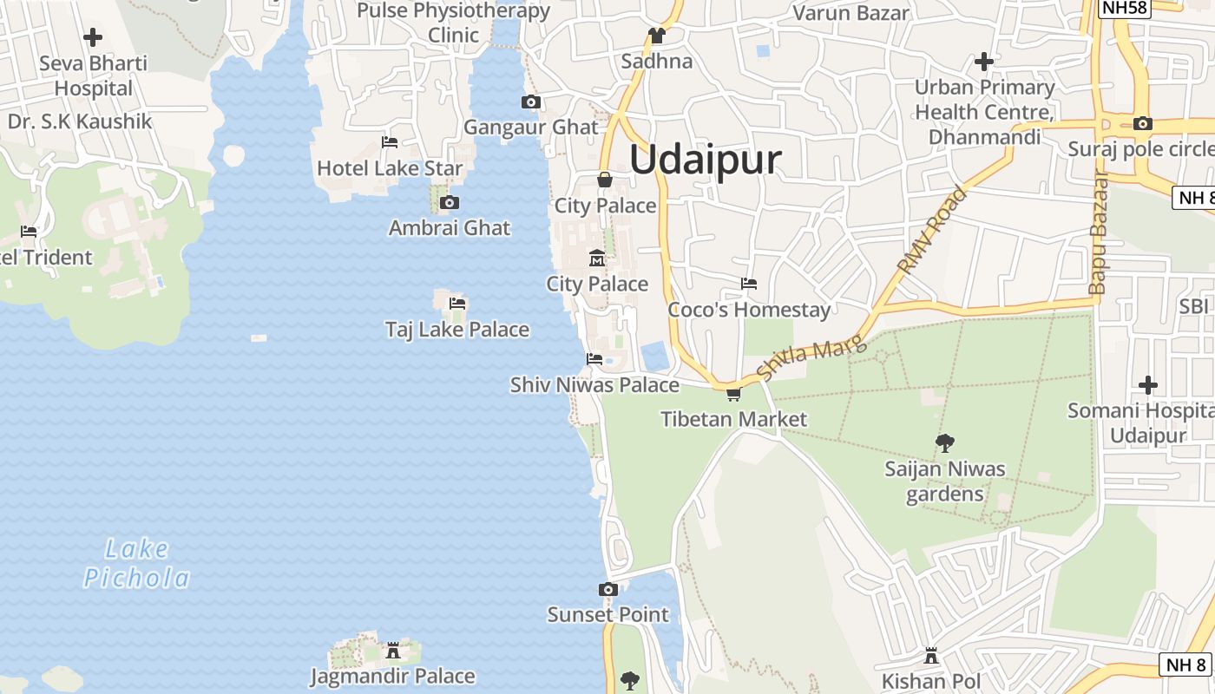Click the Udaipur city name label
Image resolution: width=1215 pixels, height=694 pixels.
coord(705,160)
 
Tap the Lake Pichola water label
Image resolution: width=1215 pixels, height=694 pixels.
coord(137,563)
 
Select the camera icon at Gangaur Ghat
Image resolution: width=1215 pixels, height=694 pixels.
coord(531,102)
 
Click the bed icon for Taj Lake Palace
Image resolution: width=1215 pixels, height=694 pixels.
coord(457,304)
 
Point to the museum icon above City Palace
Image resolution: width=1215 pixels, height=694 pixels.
coord(597,259)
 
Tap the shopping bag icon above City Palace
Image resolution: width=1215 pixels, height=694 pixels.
coord(605,180)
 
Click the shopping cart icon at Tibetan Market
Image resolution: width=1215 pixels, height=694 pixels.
coord(733,395)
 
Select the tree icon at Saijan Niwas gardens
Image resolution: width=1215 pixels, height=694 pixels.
coord(945,443)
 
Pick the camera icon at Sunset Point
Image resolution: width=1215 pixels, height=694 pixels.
coord(608,590)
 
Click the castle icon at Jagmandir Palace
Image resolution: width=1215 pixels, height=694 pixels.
coord(393,650)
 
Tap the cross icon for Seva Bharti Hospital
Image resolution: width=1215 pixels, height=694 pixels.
coord(93,37)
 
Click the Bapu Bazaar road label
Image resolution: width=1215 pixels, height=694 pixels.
coord(1099,232)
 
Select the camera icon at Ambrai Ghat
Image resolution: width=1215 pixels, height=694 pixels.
coord(449,203)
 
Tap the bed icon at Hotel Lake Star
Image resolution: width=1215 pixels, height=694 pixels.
coord(390,142)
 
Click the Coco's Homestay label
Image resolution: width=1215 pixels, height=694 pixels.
coord(749,310)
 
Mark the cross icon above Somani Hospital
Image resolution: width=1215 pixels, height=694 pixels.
coord(1148,385)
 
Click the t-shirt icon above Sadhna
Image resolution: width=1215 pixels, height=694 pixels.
coord(657,36)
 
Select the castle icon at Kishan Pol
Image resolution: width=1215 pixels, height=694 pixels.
coord(931,655)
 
